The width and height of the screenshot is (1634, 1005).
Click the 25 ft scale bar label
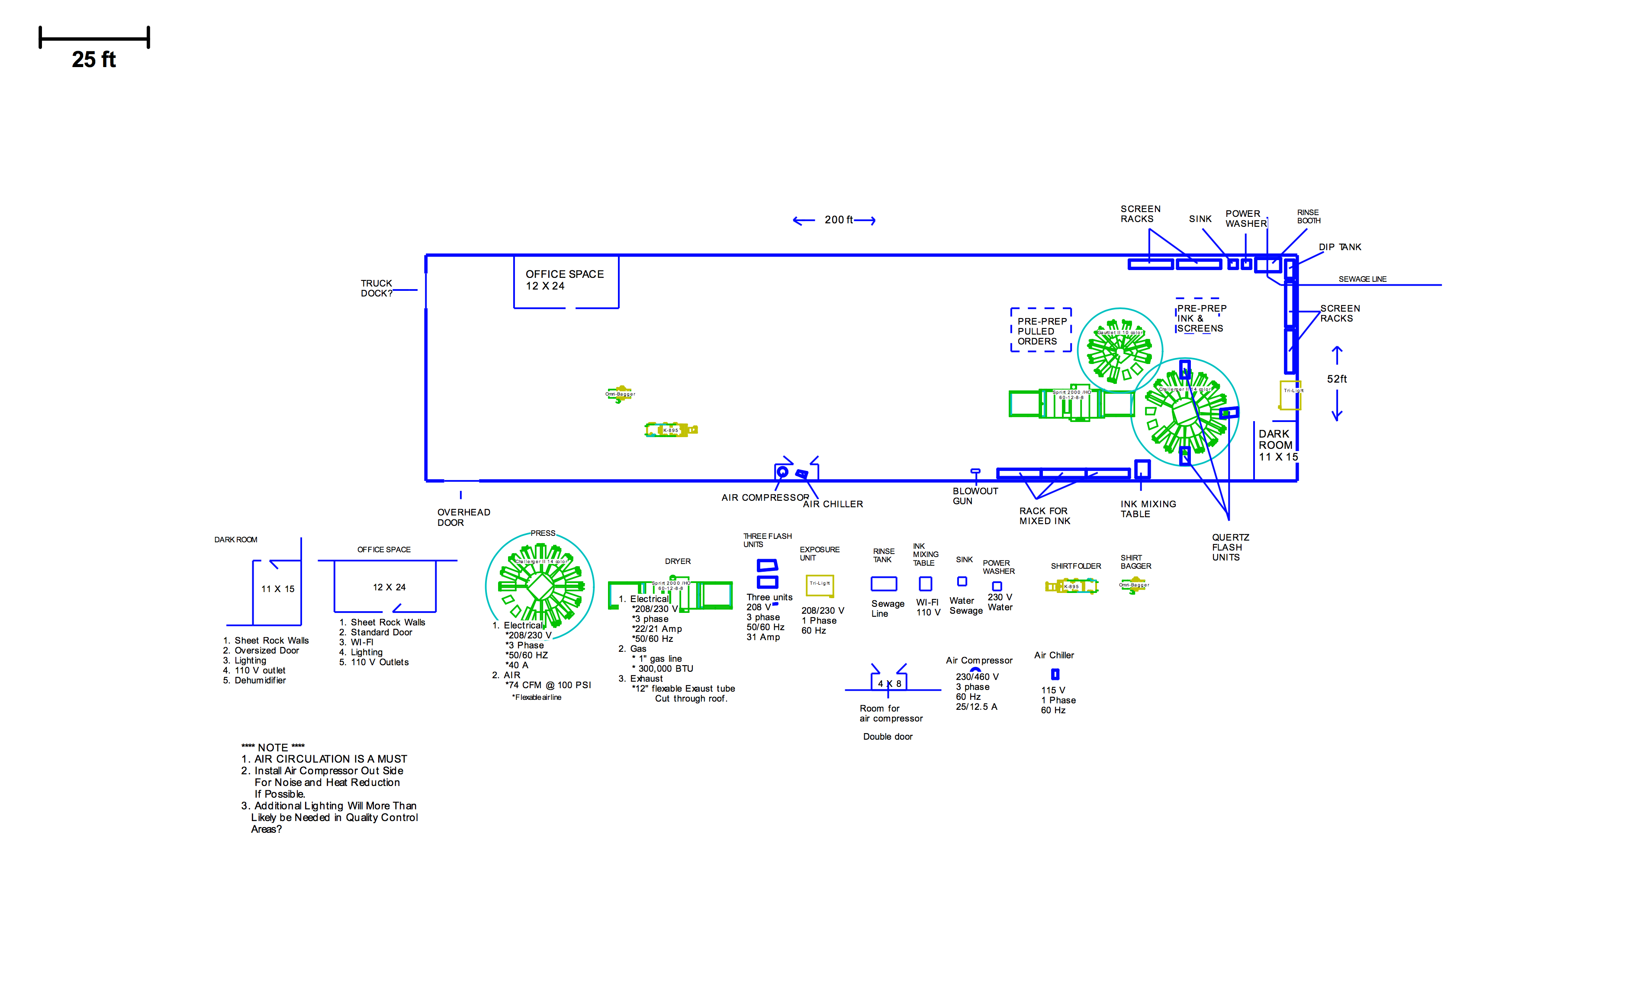pos(94,60)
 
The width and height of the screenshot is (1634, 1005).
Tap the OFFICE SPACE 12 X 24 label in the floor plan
pos(564,280)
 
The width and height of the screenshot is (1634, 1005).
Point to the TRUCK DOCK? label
pos(377,288)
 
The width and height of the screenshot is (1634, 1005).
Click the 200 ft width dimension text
pos(839,220)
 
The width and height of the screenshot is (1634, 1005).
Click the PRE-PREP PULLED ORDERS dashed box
pos(1041,330)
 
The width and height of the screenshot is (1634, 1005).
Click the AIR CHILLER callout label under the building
pos(833,505)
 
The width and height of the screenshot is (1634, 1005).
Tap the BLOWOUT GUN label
pos(975,496)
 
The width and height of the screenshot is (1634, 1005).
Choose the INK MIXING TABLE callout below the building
pos(1148,509)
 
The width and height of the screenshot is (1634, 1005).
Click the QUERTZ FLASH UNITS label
pos(1230,547)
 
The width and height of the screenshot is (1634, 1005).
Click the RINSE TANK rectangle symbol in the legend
pos(883,583)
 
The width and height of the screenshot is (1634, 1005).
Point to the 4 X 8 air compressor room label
pos(889,683)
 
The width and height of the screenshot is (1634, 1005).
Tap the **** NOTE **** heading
pos(273,747)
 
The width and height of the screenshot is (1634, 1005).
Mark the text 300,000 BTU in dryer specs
pos(665,669)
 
